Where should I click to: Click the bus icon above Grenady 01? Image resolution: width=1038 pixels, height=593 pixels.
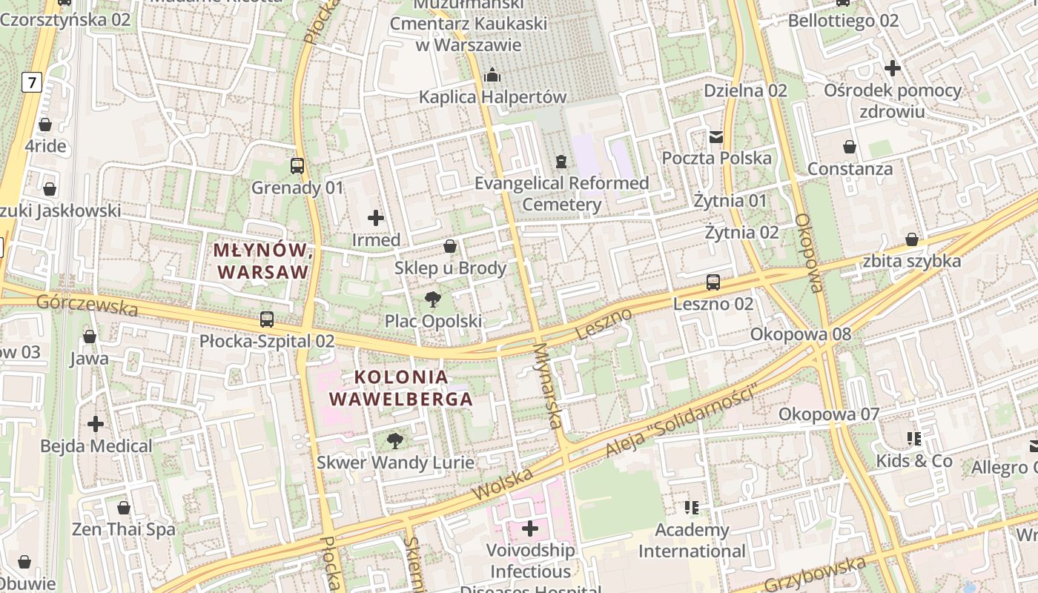[x=297, y=165]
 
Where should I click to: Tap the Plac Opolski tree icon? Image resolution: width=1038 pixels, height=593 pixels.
[x=432, y=299]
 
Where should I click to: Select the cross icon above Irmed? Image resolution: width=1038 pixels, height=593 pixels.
[x=376, y=218]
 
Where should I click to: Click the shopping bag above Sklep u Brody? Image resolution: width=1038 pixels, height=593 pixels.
[x=450, y=246]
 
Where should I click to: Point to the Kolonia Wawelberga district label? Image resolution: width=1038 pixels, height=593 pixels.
[x=401, y=388]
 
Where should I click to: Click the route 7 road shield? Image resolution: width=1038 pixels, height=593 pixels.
[x=31, y=82]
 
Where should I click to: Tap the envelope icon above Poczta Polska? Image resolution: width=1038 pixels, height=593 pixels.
[x=716, y=136]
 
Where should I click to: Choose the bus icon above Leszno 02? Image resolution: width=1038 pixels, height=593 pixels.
[x=713, y=282]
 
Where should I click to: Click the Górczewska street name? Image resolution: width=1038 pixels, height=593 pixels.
[x=87, y=304]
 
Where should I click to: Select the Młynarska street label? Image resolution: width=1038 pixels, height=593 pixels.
[x=549, y=385]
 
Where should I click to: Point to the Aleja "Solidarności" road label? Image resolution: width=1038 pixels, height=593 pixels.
[x=683, y=420]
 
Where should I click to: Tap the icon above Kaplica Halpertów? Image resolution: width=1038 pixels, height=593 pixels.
[x=492, y=75]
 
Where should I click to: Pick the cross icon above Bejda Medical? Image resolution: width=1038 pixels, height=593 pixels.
[x=96, y=424]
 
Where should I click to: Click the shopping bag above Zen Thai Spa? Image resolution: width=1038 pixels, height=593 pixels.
[x=124, y=508]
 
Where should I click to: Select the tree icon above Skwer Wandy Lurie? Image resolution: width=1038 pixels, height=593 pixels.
[x=395, y=441]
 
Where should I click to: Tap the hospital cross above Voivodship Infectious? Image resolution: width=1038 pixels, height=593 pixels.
[x=530, y=529]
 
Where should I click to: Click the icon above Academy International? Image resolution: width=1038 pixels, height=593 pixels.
[x=692, y=508]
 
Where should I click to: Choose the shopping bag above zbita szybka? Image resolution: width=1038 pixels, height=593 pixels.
[x=912, y=239]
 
